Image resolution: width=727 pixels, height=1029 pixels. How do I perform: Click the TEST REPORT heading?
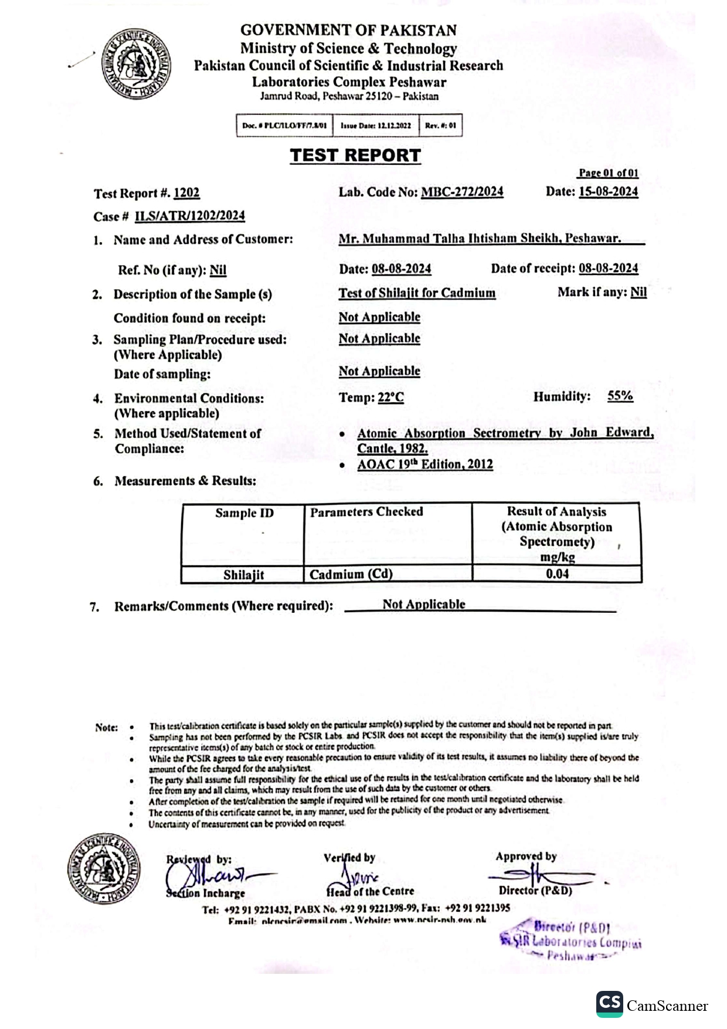[355, 155]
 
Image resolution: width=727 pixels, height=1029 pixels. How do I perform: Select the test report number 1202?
[186, 193]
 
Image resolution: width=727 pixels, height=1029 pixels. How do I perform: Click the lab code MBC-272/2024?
[462, 192]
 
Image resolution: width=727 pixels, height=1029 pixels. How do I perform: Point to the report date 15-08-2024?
[608, 191]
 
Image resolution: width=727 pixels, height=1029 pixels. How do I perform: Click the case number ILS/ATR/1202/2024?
[190, 216]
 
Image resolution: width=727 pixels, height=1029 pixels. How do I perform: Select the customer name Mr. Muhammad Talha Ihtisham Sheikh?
[480, 239]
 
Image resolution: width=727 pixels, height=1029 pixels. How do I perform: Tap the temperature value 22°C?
[390, 398]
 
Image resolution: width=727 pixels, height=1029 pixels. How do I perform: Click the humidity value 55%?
[620, 396]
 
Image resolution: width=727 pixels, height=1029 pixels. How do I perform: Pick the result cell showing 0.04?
[557, 574]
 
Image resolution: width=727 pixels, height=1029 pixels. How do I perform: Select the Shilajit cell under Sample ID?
[243, 575]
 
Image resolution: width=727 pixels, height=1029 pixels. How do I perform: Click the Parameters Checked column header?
[366, 512]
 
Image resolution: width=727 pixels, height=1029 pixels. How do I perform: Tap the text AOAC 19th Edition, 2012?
[425, 464]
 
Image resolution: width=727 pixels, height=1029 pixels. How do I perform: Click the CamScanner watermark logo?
[609, 1004]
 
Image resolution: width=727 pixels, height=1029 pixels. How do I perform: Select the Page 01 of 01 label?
[609, 173]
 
